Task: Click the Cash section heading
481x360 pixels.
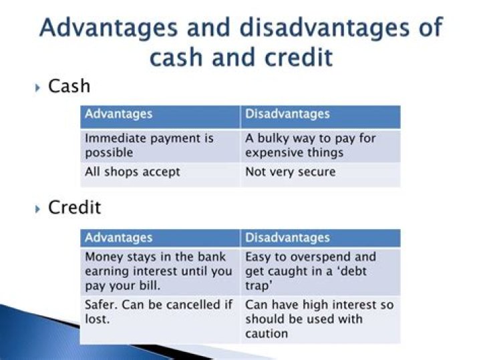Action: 69,87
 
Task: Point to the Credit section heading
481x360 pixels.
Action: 75,208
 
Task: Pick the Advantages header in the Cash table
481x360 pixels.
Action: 118,114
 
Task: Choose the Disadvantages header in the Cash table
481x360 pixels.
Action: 287,114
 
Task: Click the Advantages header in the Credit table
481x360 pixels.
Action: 118,238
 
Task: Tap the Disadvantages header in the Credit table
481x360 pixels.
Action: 287,238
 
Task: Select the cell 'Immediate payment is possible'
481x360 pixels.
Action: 149,146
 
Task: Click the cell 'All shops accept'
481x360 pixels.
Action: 132,172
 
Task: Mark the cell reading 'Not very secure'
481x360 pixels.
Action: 290,172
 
